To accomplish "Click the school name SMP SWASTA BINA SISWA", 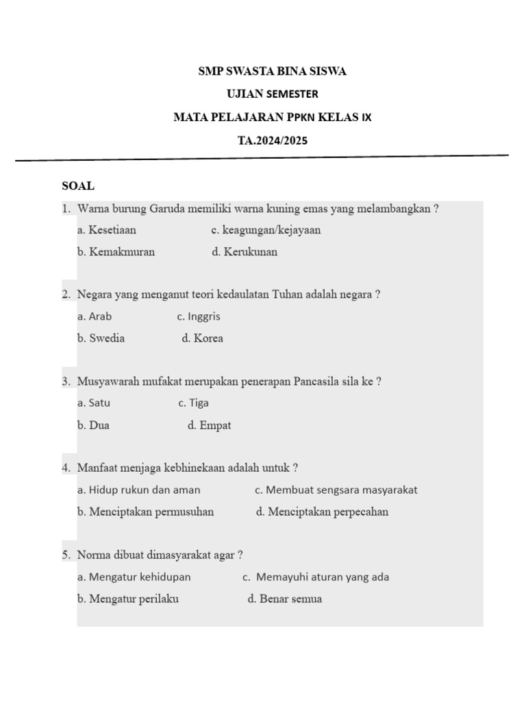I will [272, 71].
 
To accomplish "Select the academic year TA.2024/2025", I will [273, 141].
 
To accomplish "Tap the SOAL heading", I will [78, 186].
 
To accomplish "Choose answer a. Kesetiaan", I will [107, 230].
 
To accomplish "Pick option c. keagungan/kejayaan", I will [266, 230].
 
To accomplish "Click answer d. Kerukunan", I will [245, 252].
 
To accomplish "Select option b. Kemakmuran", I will [116, 252].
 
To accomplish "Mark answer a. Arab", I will [95, 316].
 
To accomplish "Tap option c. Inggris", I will [199, 316].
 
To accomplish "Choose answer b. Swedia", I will [101, 338].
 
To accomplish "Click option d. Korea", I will [203, 338].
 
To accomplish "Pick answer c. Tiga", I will [194, 403].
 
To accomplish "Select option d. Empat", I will [209, 425].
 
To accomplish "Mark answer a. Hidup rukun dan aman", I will [139, 489].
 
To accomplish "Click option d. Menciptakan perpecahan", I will [322, 512].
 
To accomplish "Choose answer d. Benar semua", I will [284, 599].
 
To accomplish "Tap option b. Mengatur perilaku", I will [128, 599].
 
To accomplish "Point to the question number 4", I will [66, 468].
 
